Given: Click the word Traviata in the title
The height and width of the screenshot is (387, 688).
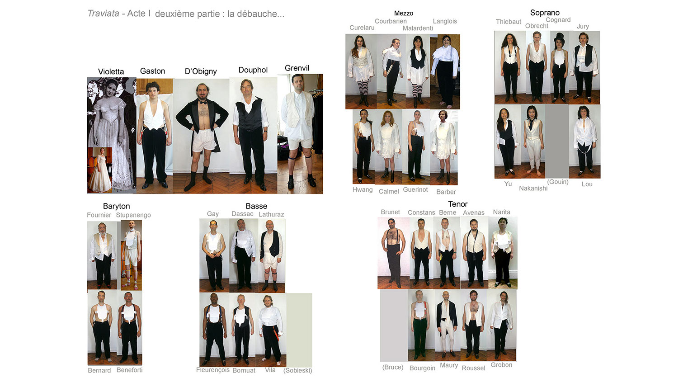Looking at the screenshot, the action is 103,14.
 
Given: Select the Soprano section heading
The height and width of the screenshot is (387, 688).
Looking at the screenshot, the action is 545,13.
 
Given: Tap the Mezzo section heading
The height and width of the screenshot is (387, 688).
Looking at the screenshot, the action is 404,13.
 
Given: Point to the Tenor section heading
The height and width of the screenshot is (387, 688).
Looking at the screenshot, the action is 457,204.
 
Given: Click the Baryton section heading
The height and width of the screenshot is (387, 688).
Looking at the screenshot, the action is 117,206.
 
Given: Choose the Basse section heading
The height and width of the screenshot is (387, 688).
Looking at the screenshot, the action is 256,206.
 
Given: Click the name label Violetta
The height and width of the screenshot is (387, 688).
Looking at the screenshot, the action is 111,71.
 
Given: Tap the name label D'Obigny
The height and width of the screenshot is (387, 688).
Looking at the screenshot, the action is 201,71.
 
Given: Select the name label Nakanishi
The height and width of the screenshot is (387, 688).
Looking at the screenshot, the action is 533,188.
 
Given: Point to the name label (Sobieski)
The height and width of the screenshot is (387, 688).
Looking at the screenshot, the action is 297,370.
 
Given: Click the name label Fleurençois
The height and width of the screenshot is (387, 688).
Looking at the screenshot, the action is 213,370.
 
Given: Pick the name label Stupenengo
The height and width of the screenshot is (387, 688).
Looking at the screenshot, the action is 133,215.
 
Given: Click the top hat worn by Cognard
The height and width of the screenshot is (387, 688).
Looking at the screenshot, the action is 559,38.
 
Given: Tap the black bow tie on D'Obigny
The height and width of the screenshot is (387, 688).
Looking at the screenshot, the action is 202,102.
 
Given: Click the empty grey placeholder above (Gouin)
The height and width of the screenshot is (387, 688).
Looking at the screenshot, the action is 557,142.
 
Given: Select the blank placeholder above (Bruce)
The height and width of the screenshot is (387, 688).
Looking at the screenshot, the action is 394,325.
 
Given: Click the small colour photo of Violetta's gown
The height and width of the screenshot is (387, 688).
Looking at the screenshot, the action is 100,170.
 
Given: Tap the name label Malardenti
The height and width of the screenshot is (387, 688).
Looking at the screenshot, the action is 418,28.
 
